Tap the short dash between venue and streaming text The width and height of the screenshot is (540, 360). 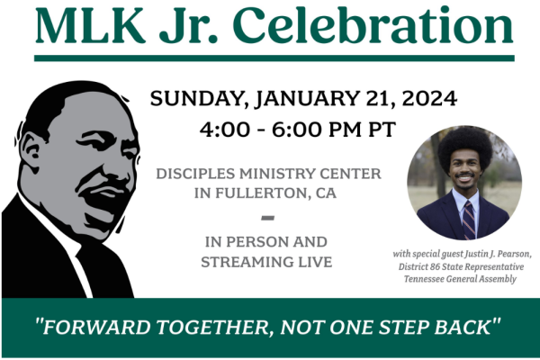tap(266, 218)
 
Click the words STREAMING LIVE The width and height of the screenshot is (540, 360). tap(266, 262)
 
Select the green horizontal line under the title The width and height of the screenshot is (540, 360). tap(274, 58)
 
